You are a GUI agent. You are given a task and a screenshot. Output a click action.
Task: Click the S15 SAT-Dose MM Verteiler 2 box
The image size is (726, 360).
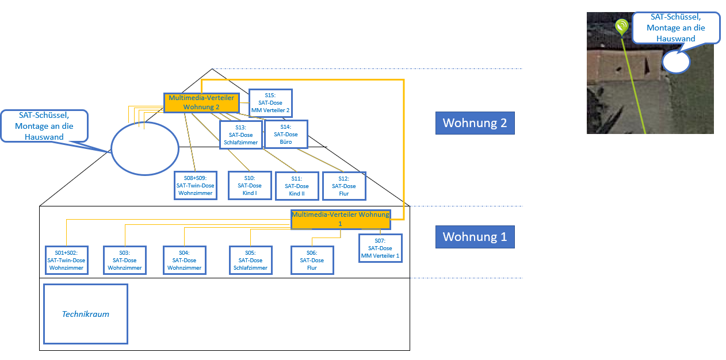point(270,103)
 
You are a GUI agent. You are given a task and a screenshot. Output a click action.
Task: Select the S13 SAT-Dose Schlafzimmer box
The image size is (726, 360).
point(240,135)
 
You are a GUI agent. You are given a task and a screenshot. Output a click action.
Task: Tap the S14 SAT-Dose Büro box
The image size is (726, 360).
point(286,134)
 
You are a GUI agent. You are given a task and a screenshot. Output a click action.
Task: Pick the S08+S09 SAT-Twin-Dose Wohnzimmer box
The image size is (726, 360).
point(196,185)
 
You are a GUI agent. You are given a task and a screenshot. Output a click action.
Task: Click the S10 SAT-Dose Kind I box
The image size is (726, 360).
point(249,185)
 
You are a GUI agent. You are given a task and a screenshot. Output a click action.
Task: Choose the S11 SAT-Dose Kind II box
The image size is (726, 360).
point(297,186)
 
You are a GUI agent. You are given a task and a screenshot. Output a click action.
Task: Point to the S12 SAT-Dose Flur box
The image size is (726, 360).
point(344,186)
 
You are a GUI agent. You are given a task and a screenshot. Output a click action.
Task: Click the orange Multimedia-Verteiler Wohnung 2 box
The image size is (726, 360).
point(201,102)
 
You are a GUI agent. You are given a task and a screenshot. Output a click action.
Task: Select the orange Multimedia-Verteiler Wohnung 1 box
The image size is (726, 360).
point(341,219)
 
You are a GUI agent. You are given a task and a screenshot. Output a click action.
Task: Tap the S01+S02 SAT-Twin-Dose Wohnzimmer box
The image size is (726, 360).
point(67,260)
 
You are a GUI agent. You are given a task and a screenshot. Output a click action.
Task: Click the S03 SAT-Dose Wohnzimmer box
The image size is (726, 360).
point(125,260)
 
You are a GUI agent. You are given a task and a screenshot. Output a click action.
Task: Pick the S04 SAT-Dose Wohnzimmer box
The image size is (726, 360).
point(184,260)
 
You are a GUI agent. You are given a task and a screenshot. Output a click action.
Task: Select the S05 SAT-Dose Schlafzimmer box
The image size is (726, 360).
point(250,260)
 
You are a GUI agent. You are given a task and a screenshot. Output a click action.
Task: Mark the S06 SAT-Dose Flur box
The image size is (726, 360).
point(312,260)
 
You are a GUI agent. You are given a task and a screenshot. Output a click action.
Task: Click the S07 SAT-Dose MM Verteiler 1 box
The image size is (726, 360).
point(380,248)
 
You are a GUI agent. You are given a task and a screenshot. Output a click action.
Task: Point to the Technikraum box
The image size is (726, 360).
point(86,314)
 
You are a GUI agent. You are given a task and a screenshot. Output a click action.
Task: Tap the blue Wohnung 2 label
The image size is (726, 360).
point(475,123)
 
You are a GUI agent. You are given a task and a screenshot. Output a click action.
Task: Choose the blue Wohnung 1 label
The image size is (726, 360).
point(475,236)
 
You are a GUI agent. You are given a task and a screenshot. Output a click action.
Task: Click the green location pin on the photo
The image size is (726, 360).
point(621,26)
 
